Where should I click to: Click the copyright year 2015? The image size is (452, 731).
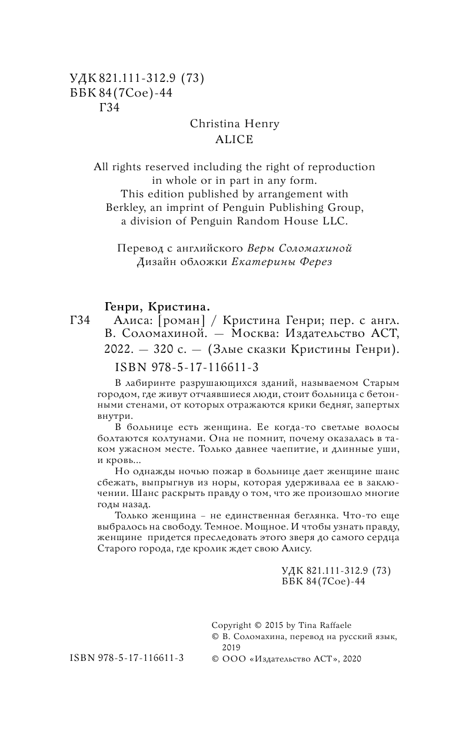(x=268, y=625)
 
